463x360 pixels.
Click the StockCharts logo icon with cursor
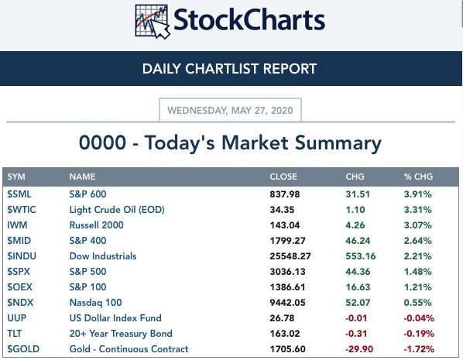click(153, 22)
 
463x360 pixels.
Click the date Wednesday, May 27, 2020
click(230, 111)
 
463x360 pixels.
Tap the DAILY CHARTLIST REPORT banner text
click(229, 68)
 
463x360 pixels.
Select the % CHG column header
click(418, 177)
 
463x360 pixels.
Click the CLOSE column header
click(283, 177)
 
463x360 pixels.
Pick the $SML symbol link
click(19, 194)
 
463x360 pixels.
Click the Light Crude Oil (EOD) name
click(117, 210)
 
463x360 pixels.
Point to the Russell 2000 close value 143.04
click(285, 225)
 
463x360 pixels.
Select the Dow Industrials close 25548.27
click(290, 256)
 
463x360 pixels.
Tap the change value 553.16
click(361, 256)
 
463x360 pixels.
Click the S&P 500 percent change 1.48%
click(418, 272)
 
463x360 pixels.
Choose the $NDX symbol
click(20, 303)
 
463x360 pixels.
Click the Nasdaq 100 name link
click(95, 303)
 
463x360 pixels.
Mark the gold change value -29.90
click(359, 349)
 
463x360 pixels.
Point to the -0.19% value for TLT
click(419, 334)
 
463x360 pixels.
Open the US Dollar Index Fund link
click(115, 318)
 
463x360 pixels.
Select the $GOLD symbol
click(23, 349)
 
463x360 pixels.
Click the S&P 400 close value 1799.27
click(287, 241)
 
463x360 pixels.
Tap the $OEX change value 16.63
click(358, 287)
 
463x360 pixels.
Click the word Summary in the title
click(338, 143)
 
